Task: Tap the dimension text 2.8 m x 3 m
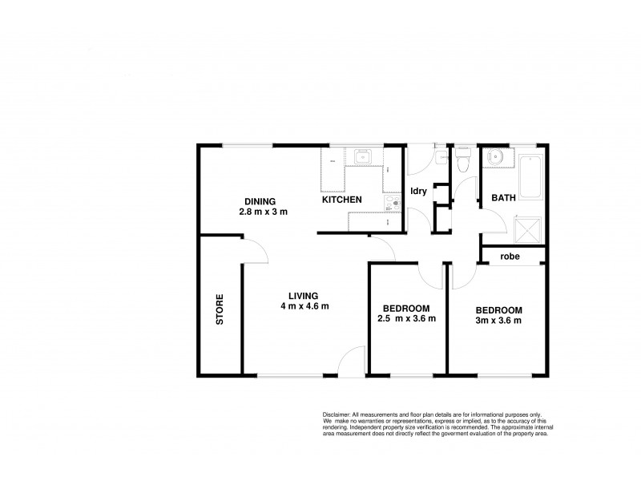point(262,212)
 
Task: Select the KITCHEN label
point(342,200)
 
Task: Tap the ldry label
point(417,191)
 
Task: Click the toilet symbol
point(462,162)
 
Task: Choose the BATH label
point(503,197)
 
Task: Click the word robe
point(510,257)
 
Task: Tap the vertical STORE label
point(220,309)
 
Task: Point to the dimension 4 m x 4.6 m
point(305,306)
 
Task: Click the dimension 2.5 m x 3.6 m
point(406,319)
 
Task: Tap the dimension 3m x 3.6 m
point(498,321)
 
